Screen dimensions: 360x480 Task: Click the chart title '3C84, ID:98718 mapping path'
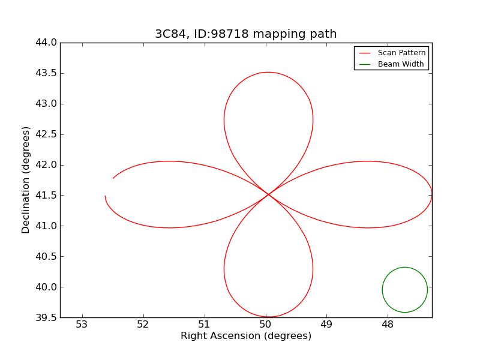pyautogui.click(x=245, y=34)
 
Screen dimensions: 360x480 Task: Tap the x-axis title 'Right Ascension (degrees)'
pyautogui.click(x=246, y=336)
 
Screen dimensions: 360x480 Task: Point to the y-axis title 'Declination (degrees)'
pyautogui.click(x=26, y=179)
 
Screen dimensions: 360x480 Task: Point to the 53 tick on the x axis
pyautogui.click(x=82, y=325)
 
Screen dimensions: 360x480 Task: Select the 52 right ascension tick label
pyautogui.click(x=143, y=325)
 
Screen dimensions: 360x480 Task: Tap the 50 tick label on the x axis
pyautogui.click(x=265, y=325)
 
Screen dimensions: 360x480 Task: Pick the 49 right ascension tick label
pyautogui.click(x=326, y=325)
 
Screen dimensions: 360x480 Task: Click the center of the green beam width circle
pyautogui.click(x=405, y=290)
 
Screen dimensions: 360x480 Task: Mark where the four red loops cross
pyautogui.click(x=268, y=194)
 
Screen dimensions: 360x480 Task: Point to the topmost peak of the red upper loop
pyautogui.click(x=268, y=72)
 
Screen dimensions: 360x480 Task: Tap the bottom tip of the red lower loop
pyautogui.click(x=269, y=317)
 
